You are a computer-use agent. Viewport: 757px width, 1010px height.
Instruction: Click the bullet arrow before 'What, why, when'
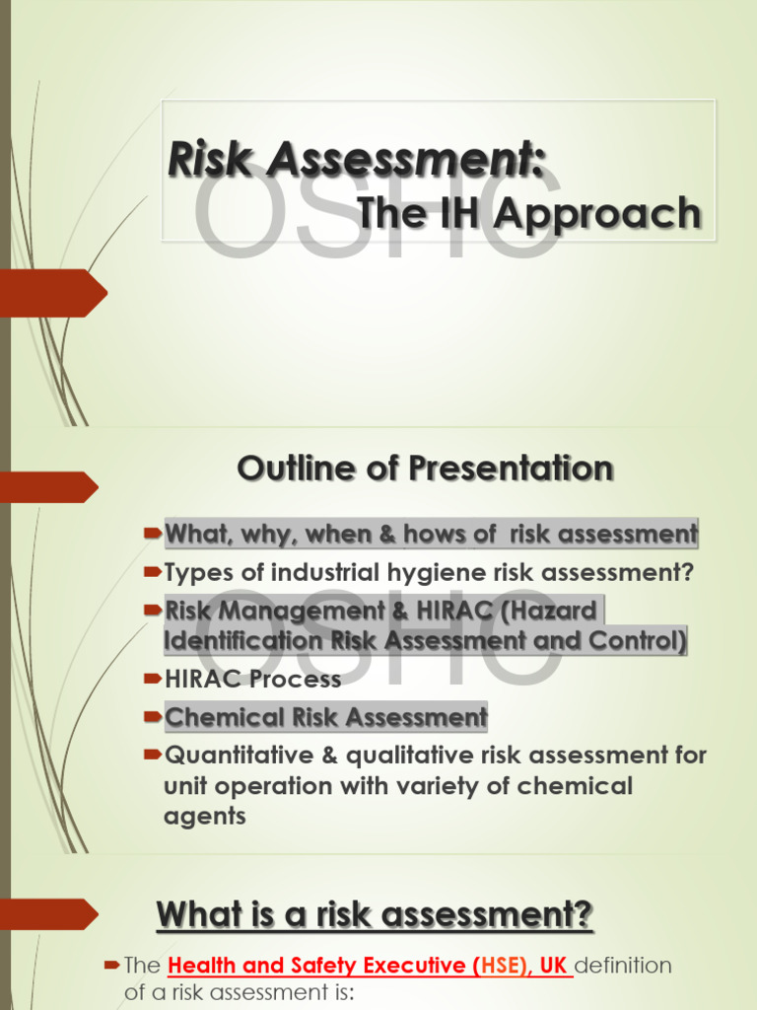[x=152, y=534]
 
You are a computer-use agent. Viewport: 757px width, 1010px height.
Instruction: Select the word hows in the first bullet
[x=438, y=535]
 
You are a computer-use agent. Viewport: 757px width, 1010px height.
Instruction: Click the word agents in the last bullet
[x=204, y=817]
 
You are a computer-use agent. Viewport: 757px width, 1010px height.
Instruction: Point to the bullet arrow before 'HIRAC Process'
[x=152, y=679]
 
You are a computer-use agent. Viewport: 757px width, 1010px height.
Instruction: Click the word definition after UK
[x=623, y=965]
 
